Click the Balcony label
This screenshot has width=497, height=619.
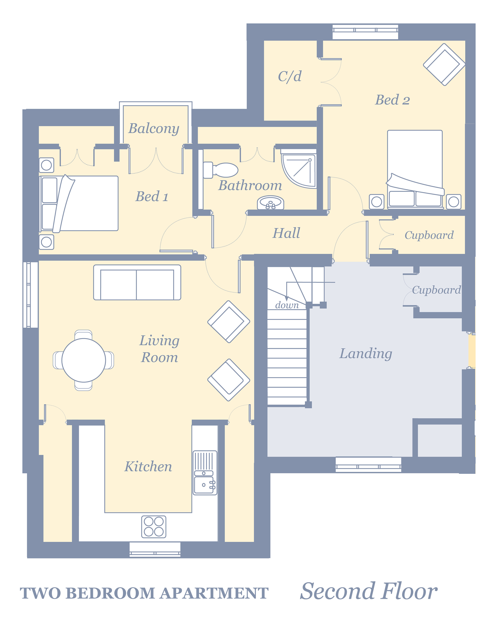tap(154, 128)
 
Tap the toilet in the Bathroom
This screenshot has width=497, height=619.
tap(220, 170)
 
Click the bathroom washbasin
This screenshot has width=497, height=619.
tap(270, 203)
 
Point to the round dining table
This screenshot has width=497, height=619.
tap(84, 360)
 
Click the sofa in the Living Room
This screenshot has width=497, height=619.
tap(137, 282)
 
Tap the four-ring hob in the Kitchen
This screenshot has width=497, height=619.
tap(154, 527)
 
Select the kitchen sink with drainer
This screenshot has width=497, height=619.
tap(205, 473)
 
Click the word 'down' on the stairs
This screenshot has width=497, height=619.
tap(287, 305)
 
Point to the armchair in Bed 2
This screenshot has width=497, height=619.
tap(444, 64)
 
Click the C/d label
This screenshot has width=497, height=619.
tap(290, 76)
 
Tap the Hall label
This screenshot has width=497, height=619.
tap(287, 233)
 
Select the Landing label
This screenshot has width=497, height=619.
tap(366, 354)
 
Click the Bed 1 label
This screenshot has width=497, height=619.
tap(152, 197)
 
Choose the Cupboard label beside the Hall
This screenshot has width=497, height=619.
tap(429, 236)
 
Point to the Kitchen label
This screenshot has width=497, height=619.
tap(148, 467)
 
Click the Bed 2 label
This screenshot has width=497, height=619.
tap(393, 100)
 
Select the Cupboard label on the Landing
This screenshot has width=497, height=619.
tap(436, 290)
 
